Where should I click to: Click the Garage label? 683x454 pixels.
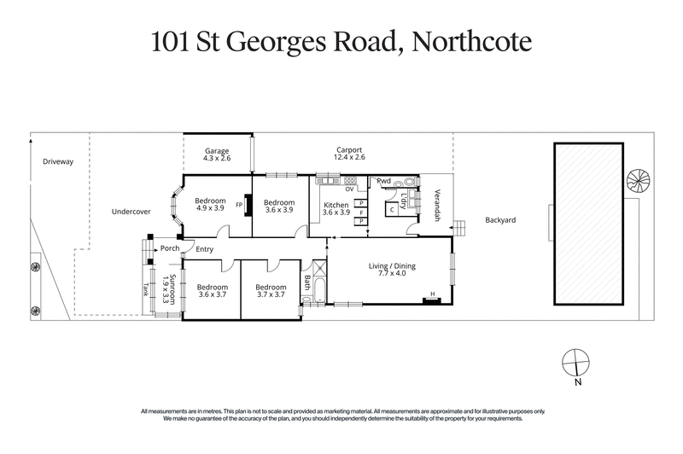217,150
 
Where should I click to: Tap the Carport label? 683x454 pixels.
349,150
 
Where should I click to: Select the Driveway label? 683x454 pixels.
58,160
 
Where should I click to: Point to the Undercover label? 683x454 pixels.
131,212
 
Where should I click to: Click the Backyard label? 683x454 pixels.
500,219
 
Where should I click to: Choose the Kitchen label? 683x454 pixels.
336,204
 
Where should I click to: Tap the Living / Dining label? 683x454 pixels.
391,266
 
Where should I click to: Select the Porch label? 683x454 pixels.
170,249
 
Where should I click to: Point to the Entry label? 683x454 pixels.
204,249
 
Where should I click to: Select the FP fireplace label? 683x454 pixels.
239,206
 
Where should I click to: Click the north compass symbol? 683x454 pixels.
578,362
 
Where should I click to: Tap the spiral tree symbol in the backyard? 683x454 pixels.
638,179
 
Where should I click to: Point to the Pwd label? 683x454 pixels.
384,181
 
